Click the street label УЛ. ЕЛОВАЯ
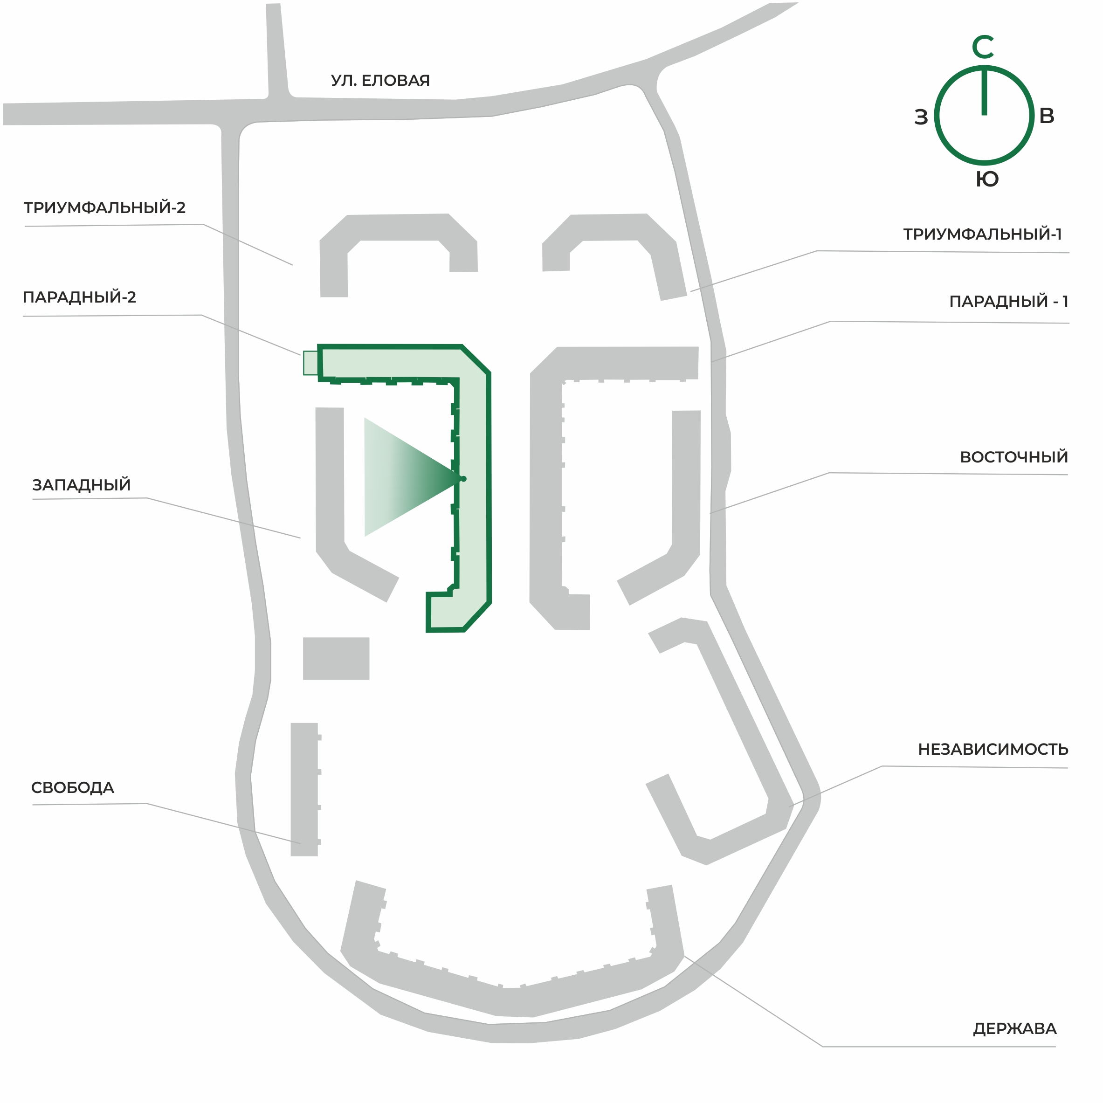pyautogui.click(x=380, y=81)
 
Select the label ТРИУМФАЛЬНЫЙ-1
pyautogui.click(x=983, y=234)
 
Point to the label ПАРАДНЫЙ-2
pyautogui.click(x=79, y=296)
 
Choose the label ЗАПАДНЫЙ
pyautogui.click(x=82, y=485)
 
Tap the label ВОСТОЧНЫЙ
pyautogui.click(x=1014, y=457)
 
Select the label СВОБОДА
pyautogui.click(x=73, y=787)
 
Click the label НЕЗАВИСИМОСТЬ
pyautogui.click(x=993, y=749)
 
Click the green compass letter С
pyautogui.click(x=983, y=48)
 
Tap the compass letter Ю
pyautogui.click(x=987, y=179)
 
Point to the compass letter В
pyautogui.click(x=1047, y=116)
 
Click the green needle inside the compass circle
pyautogui.click(x=984, y=91)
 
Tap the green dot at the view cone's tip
pyautogui.click(x=463, y=479)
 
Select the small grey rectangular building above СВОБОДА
pyautogui.click(x=336, y=658)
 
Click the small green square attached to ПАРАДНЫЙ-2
pyautogui.click(x=310, y=363)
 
